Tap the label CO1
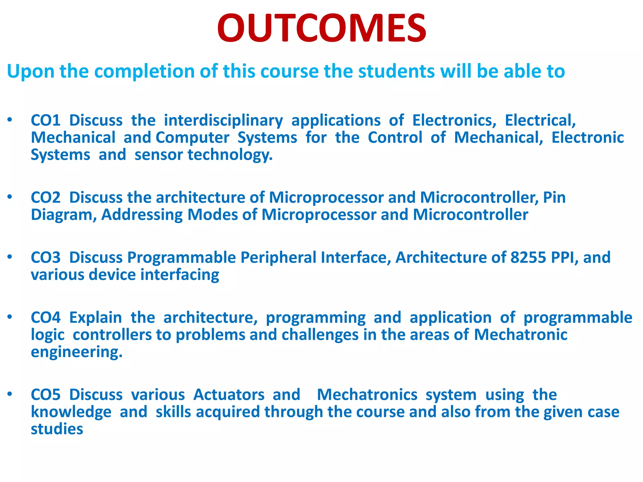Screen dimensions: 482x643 [46, 120]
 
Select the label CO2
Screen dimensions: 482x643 [46, 198]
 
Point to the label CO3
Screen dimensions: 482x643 [46, 258]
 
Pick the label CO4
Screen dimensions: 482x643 [46, 318]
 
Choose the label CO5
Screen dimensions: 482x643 [46, 395]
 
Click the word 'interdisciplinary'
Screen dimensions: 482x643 [223, 120]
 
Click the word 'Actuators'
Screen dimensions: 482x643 [229, 395]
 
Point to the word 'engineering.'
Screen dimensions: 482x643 [76, 352]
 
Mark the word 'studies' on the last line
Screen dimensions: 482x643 [57, 429]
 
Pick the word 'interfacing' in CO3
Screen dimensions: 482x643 [180, 275]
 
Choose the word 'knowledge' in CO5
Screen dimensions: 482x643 [71, 412]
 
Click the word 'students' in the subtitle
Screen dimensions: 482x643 [397, 71]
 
